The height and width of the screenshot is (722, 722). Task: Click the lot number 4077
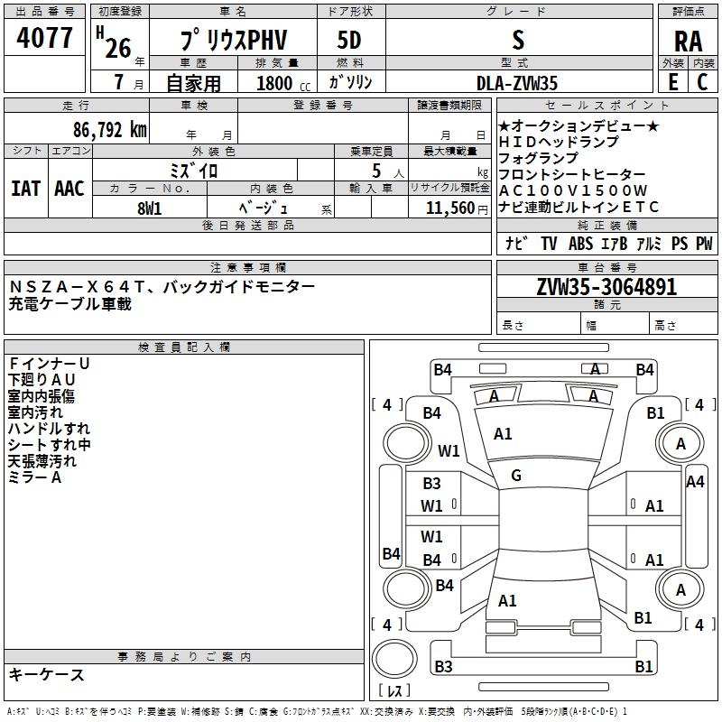coord(45,38)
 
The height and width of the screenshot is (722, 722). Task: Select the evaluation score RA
coord(688,40)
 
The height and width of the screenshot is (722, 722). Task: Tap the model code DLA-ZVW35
coord(517,83)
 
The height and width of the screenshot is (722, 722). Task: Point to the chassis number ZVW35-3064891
coord(606,288)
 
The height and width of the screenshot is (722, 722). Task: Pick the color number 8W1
coord(150,208)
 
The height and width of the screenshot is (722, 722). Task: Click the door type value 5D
coord(349,40)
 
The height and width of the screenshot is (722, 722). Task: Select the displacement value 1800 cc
coord(281,83)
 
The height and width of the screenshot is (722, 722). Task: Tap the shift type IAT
coord(25,189)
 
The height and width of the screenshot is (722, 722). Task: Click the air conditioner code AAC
coord(69,189)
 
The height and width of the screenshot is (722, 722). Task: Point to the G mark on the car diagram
coord(515,476)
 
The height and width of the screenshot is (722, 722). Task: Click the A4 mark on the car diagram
coord(695,482)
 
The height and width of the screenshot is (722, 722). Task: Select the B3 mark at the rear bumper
coord(443,667)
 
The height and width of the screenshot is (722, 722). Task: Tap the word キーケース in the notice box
coord(47,675)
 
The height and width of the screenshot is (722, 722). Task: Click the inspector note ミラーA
coord(35,477)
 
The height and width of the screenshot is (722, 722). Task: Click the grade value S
coord(517,40)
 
